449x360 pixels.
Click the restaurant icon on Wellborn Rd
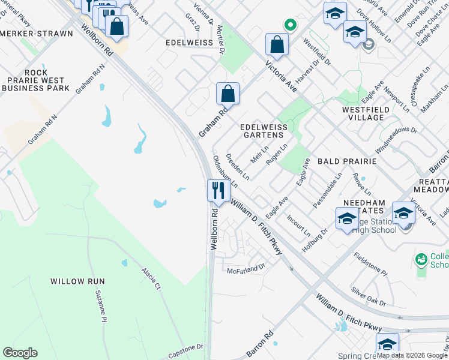coord(218,191)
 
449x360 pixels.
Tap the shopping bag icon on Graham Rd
coord(228,94)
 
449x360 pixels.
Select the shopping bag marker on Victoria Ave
coord(277,44)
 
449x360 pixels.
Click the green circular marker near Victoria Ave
coord(290,25)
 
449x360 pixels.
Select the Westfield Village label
coord(371,113)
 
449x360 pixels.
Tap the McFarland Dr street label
coord(246,269)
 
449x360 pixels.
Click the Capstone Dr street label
coord(184,348)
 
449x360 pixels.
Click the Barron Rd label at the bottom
coord(260,341)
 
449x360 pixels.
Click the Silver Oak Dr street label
coord(368,298)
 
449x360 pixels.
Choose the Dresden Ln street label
coord(237,166)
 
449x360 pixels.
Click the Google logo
coord(20,353)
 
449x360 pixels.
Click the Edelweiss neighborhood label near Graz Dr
coord(190,43)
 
